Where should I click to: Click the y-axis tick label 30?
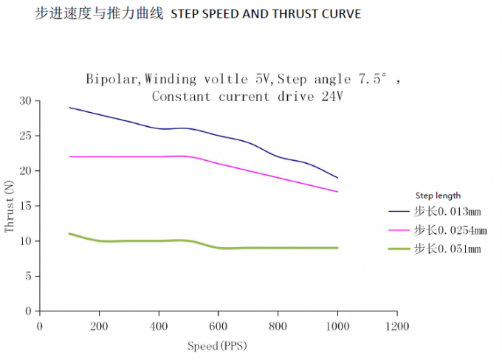point(27,101)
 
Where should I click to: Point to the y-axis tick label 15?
point(27,206)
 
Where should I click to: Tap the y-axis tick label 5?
point(29,276)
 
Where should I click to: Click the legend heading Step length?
point(439,195)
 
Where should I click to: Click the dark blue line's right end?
point(337,178)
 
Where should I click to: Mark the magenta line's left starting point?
point(69,156)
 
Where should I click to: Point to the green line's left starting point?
point(69,234)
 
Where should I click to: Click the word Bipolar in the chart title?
point(111,78)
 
